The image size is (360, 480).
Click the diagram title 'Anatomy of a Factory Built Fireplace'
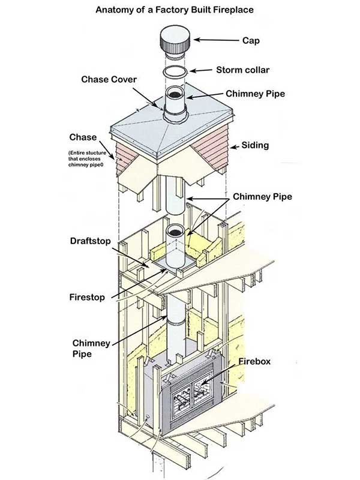point(179,10)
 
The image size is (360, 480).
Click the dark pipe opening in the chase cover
point(175,94)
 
